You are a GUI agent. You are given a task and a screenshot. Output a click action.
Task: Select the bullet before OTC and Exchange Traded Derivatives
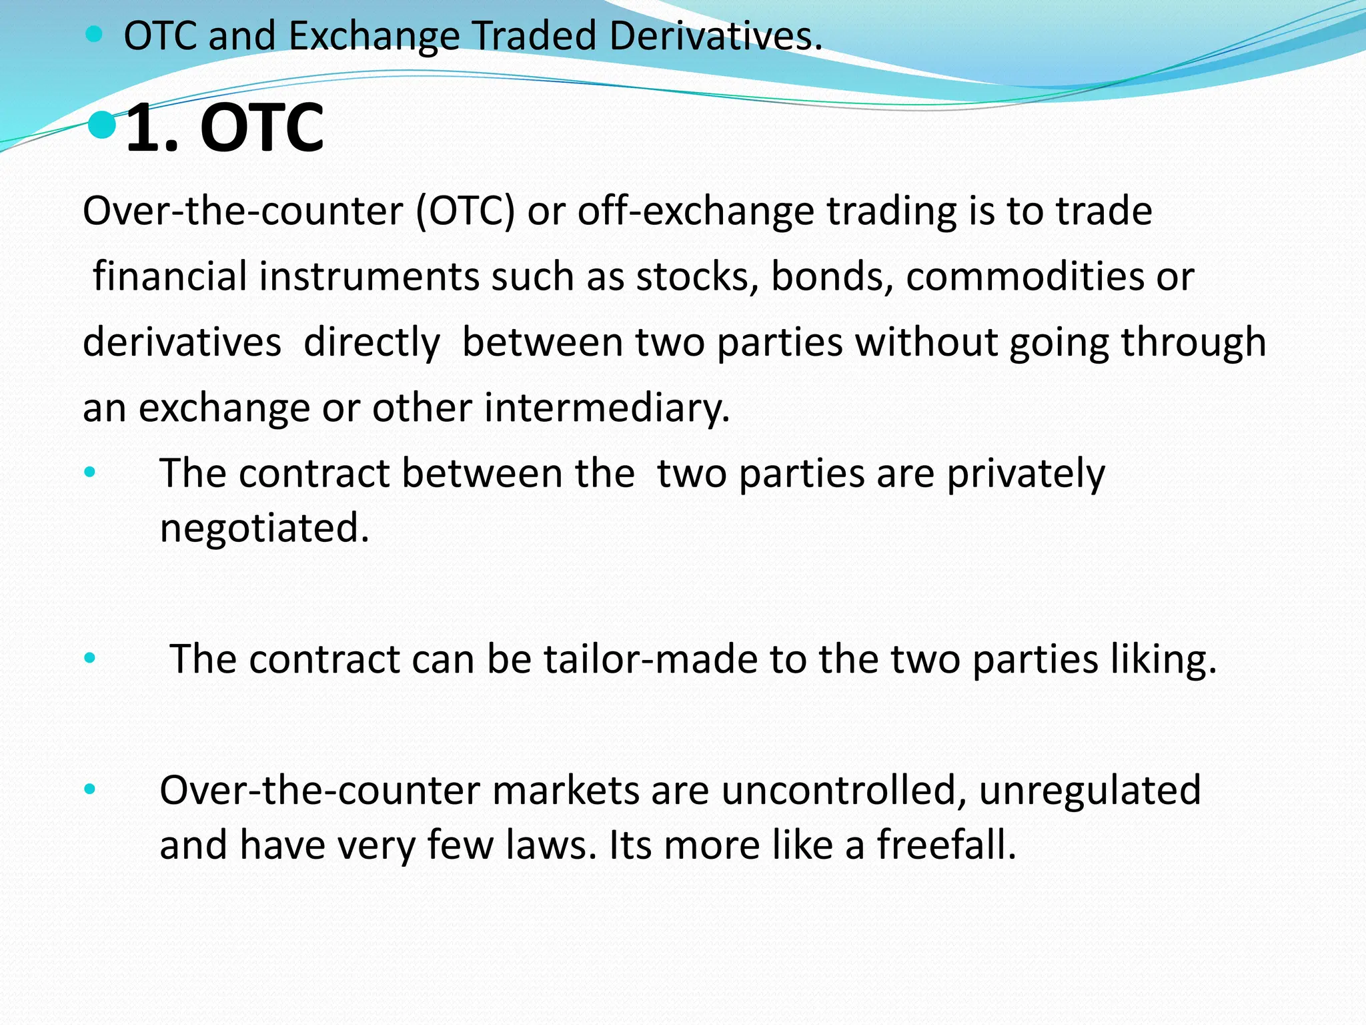click(x=95, y=35)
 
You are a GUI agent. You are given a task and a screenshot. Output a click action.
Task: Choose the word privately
click(x=1026, y=474)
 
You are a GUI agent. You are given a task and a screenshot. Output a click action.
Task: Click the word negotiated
click(x=264, y=528)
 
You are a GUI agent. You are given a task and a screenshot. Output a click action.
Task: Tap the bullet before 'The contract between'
click(x=90, y=473)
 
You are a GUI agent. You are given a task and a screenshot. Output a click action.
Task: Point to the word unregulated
click(x=1090, y=791)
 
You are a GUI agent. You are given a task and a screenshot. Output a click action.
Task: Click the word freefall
click(x=946, y=845)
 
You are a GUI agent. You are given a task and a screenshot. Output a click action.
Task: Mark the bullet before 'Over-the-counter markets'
click(x=90, y=790)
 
